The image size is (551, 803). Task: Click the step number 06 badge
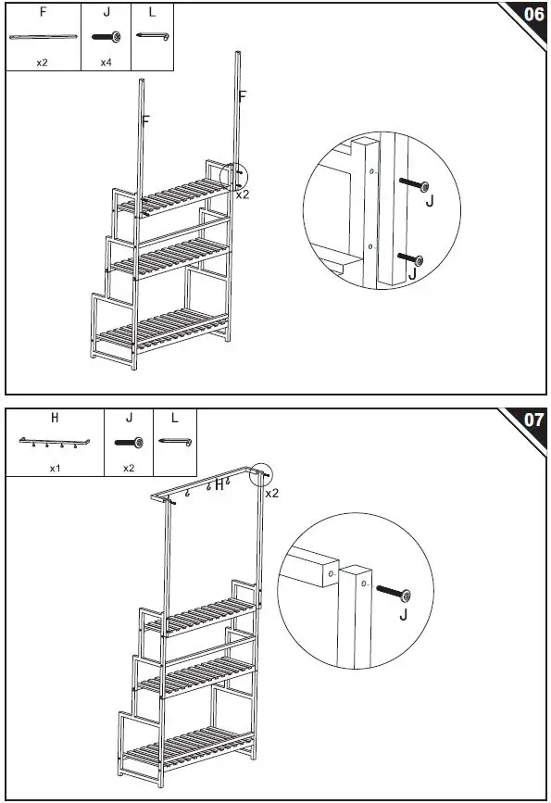tap(533, 15)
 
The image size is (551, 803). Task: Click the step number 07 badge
tap(533, 420)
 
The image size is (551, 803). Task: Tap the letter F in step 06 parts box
tap(43, 13)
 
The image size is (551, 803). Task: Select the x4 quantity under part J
tap(106, 63)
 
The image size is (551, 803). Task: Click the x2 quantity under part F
tap(43, 63)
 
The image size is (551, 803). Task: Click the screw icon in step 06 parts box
tap(106, 37)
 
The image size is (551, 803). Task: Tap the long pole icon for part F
tap(42, 37)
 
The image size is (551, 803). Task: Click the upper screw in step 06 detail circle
tap(414, 186)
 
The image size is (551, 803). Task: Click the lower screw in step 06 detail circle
tap(407, 258)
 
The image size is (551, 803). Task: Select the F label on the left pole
tap(146, 119)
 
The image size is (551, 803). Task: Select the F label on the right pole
tap(243, 95)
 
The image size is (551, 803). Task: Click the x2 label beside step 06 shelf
tap(242, 194)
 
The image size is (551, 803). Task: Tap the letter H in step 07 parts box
tap(55, 418)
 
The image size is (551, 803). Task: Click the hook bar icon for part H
tap(54, 443)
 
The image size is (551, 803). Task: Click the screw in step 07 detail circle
tap(394, 592)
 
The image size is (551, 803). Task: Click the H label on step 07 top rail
tap(219, 485)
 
